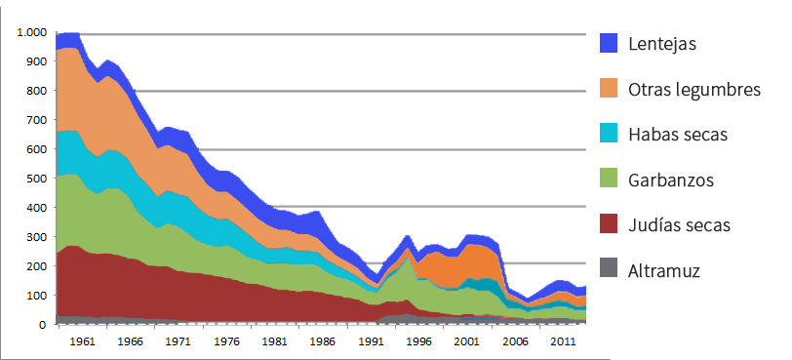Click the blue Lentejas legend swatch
(609, 43)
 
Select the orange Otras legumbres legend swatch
(609, 89)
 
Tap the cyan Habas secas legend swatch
(609, 135)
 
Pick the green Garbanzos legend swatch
(609, 180)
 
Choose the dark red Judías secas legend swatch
(609, 225)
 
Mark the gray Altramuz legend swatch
(609, 271)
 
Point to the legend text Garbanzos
(672, 180)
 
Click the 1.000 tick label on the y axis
(31, 32)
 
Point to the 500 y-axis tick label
(36, 179)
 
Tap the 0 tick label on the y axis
(43, 324)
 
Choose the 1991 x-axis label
(370, 342)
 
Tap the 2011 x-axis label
(562, 342)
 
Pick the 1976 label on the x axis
(225, 342)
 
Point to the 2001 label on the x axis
(465, 342)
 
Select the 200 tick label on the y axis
(36, 265)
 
